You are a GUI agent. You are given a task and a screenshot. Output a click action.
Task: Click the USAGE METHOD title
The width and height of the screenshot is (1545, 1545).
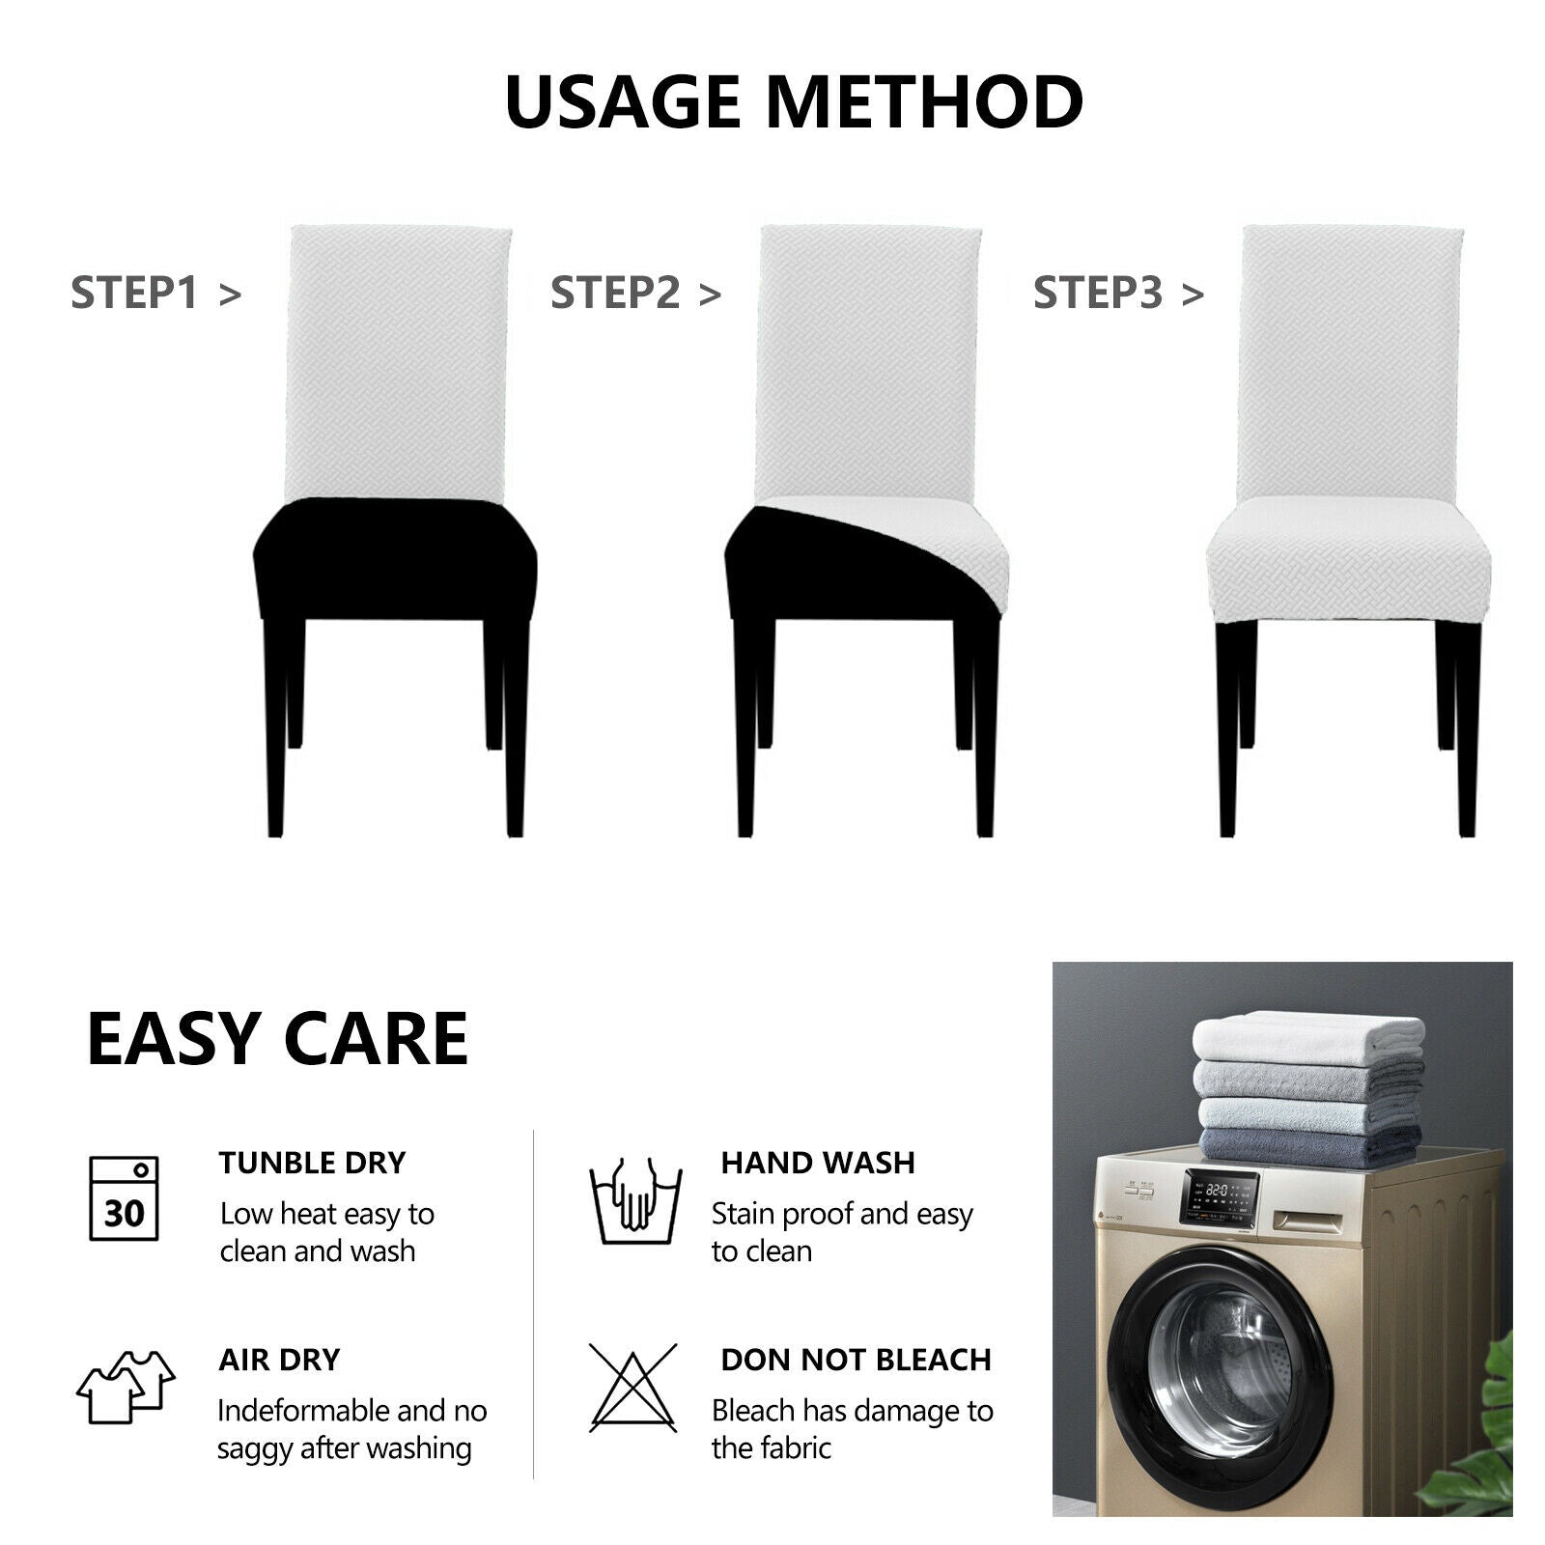point(794,101)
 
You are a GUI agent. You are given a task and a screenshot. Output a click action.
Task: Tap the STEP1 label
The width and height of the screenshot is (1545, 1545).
point(155,293)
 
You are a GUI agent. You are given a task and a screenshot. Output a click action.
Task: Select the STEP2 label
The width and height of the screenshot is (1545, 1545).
point(635,293)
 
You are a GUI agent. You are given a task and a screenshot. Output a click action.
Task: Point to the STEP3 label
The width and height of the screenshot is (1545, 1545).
point(1118,293)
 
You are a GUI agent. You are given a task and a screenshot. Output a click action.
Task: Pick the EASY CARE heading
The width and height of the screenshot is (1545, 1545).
point(277,1039)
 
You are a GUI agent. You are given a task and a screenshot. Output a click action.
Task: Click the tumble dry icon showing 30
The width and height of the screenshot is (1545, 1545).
point(124,1198)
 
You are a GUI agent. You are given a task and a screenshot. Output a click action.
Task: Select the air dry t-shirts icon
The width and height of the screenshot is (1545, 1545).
point(126,1387)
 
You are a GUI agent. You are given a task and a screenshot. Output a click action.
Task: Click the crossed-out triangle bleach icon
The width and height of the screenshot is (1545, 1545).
point(633,1388)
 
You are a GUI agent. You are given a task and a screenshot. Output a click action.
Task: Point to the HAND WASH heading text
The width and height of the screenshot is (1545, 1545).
point(818,1163)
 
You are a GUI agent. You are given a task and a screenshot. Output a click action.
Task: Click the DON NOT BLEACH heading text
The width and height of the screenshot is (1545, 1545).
point(856,1360)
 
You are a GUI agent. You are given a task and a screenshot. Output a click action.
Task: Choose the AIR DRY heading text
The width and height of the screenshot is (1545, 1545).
point(279,1360)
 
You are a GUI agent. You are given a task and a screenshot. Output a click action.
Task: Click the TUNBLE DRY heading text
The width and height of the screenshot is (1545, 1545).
point(312,1163)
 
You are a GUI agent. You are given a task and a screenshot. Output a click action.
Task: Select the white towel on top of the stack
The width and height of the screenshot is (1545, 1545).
point(1308,1037)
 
